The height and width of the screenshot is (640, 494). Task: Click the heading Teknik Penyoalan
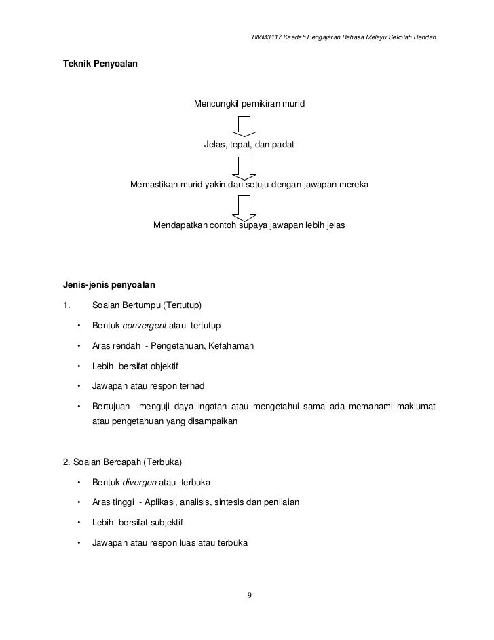click(x=100, y=63)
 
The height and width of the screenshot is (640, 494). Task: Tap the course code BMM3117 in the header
click(x=267, y=35)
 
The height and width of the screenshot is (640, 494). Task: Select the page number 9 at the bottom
click(x=249, y=595)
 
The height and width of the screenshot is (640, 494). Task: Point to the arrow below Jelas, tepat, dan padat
click(x=244, y=166)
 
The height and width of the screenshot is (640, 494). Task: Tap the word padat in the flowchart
click(x=282, y=145)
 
